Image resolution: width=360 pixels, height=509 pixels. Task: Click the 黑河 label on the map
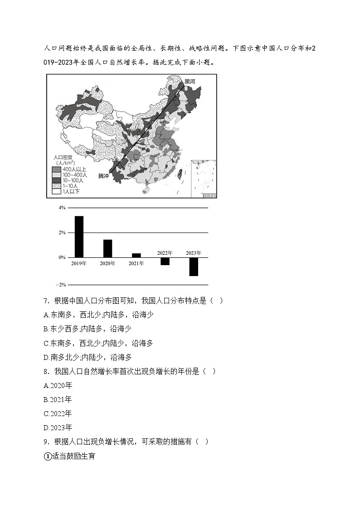190,82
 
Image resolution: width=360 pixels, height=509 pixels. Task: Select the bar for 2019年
79,237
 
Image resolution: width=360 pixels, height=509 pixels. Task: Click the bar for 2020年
107,248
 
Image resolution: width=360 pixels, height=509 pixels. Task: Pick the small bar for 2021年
136,255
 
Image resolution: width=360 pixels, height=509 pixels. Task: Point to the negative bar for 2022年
165,262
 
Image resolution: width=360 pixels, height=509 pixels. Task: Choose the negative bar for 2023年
194,267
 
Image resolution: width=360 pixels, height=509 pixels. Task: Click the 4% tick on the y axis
62,208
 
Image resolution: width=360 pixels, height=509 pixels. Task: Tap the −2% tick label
61,285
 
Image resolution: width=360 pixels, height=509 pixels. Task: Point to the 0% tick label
62,257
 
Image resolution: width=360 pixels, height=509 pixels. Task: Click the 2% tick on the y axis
62,233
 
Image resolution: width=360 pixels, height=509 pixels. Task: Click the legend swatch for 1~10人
56,186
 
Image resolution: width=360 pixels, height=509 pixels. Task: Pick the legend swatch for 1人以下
56,192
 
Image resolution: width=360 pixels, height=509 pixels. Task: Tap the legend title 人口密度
64,157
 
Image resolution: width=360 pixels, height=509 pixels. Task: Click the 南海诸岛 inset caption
209,195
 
